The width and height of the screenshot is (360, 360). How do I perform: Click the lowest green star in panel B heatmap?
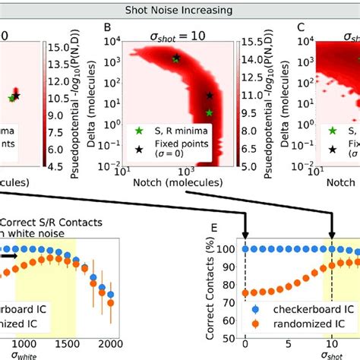pyautogui.click(x=210, y=113)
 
